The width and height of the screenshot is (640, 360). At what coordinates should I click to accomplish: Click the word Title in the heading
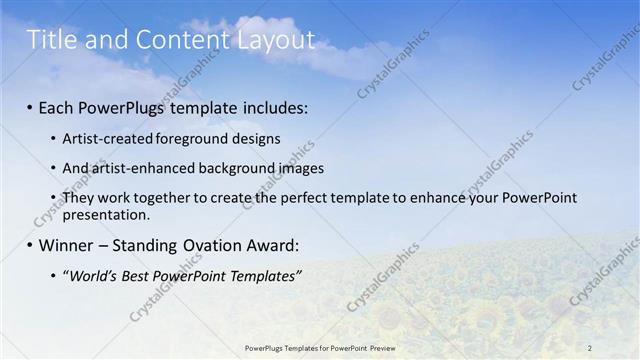[47, 40]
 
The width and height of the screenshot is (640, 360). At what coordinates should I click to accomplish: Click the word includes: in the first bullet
[271, 105]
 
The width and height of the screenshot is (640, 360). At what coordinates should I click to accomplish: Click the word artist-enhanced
[137, 168]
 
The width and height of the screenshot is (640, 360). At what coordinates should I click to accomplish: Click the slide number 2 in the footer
[589, 347]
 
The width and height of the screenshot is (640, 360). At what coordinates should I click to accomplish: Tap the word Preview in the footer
[382, 347]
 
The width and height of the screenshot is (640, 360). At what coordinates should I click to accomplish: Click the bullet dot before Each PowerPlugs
[30, 106]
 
